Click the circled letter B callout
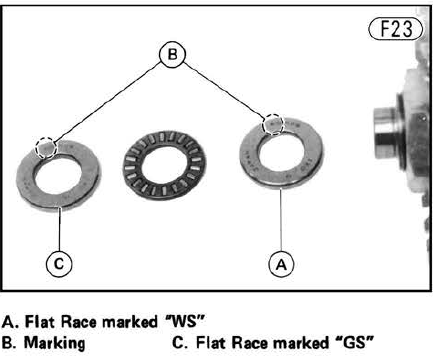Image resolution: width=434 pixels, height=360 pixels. click(172, 54)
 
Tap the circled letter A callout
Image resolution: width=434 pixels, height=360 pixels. click(281, 264)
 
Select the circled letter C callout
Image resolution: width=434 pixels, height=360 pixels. click(59, 264)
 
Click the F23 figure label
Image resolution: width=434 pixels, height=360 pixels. click(396, 29)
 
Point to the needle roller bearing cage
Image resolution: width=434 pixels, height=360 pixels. click(164, 164)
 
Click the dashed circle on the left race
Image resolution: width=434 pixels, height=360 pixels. click(46, 147)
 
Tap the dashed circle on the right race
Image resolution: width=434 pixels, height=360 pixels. click(273, 124)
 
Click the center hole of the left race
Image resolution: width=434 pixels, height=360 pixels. click(58, 175)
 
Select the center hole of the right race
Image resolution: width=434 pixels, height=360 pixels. click(281, 153)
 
